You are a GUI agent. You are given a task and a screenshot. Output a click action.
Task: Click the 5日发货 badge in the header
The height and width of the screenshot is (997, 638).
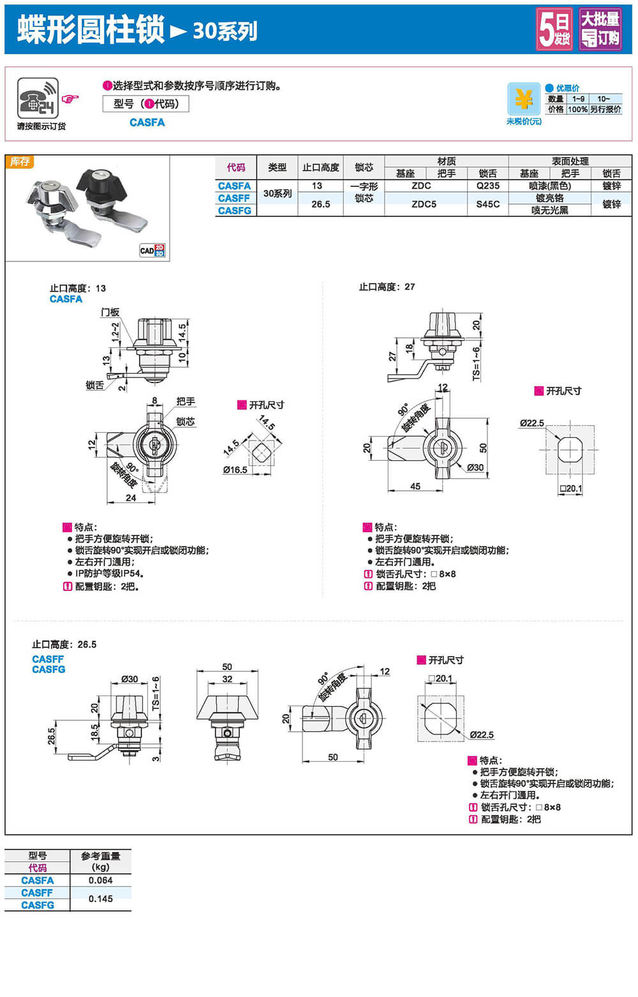[554, 29]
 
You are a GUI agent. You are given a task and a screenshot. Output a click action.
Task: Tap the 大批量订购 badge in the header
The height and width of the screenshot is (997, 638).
[600, 29]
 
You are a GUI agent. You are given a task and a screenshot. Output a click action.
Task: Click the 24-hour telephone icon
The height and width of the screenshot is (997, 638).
[38, 98]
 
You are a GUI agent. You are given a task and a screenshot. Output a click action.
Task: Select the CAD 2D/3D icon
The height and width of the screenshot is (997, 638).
[152, 251]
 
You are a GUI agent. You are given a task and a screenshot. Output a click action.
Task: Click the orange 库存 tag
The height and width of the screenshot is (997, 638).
[20, 162]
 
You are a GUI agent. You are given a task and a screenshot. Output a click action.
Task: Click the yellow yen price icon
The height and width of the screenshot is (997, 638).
[524, 99]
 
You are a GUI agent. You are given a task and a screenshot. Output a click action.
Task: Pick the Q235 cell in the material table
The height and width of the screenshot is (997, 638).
[488, 186]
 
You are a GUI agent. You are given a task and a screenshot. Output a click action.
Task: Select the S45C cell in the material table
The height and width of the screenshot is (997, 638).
[488, 204]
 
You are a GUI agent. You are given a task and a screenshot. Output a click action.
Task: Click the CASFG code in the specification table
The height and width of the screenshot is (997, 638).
[235, 210]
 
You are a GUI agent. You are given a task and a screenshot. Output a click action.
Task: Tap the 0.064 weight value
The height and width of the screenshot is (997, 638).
[101, 880]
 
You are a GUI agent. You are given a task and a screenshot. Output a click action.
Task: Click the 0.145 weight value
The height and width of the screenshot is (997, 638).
[101, 899]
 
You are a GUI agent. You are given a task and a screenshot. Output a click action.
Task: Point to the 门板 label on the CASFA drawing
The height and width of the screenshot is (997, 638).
[110, 312]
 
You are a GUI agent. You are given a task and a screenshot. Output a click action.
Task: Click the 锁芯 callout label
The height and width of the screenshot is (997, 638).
[186, 421]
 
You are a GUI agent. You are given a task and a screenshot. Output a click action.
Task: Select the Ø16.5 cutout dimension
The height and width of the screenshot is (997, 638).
[235, 470]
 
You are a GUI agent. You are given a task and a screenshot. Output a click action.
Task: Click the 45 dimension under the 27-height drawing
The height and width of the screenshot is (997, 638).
[415, 486]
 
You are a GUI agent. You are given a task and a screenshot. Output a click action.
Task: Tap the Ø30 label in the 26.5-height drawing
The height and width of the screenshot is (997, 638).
[130, 679]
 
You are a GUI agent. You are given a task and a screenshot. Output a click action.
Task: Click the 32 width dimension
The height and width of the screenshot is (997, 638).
[228, 679]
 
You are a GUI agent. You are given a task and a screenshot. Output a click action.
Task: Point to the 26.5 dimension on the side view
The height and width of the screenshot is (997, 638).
[52, 736]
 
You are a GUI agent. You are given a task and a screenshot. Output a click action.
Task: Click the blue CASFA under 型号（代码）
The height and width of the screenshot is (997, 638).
[147, 122]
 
